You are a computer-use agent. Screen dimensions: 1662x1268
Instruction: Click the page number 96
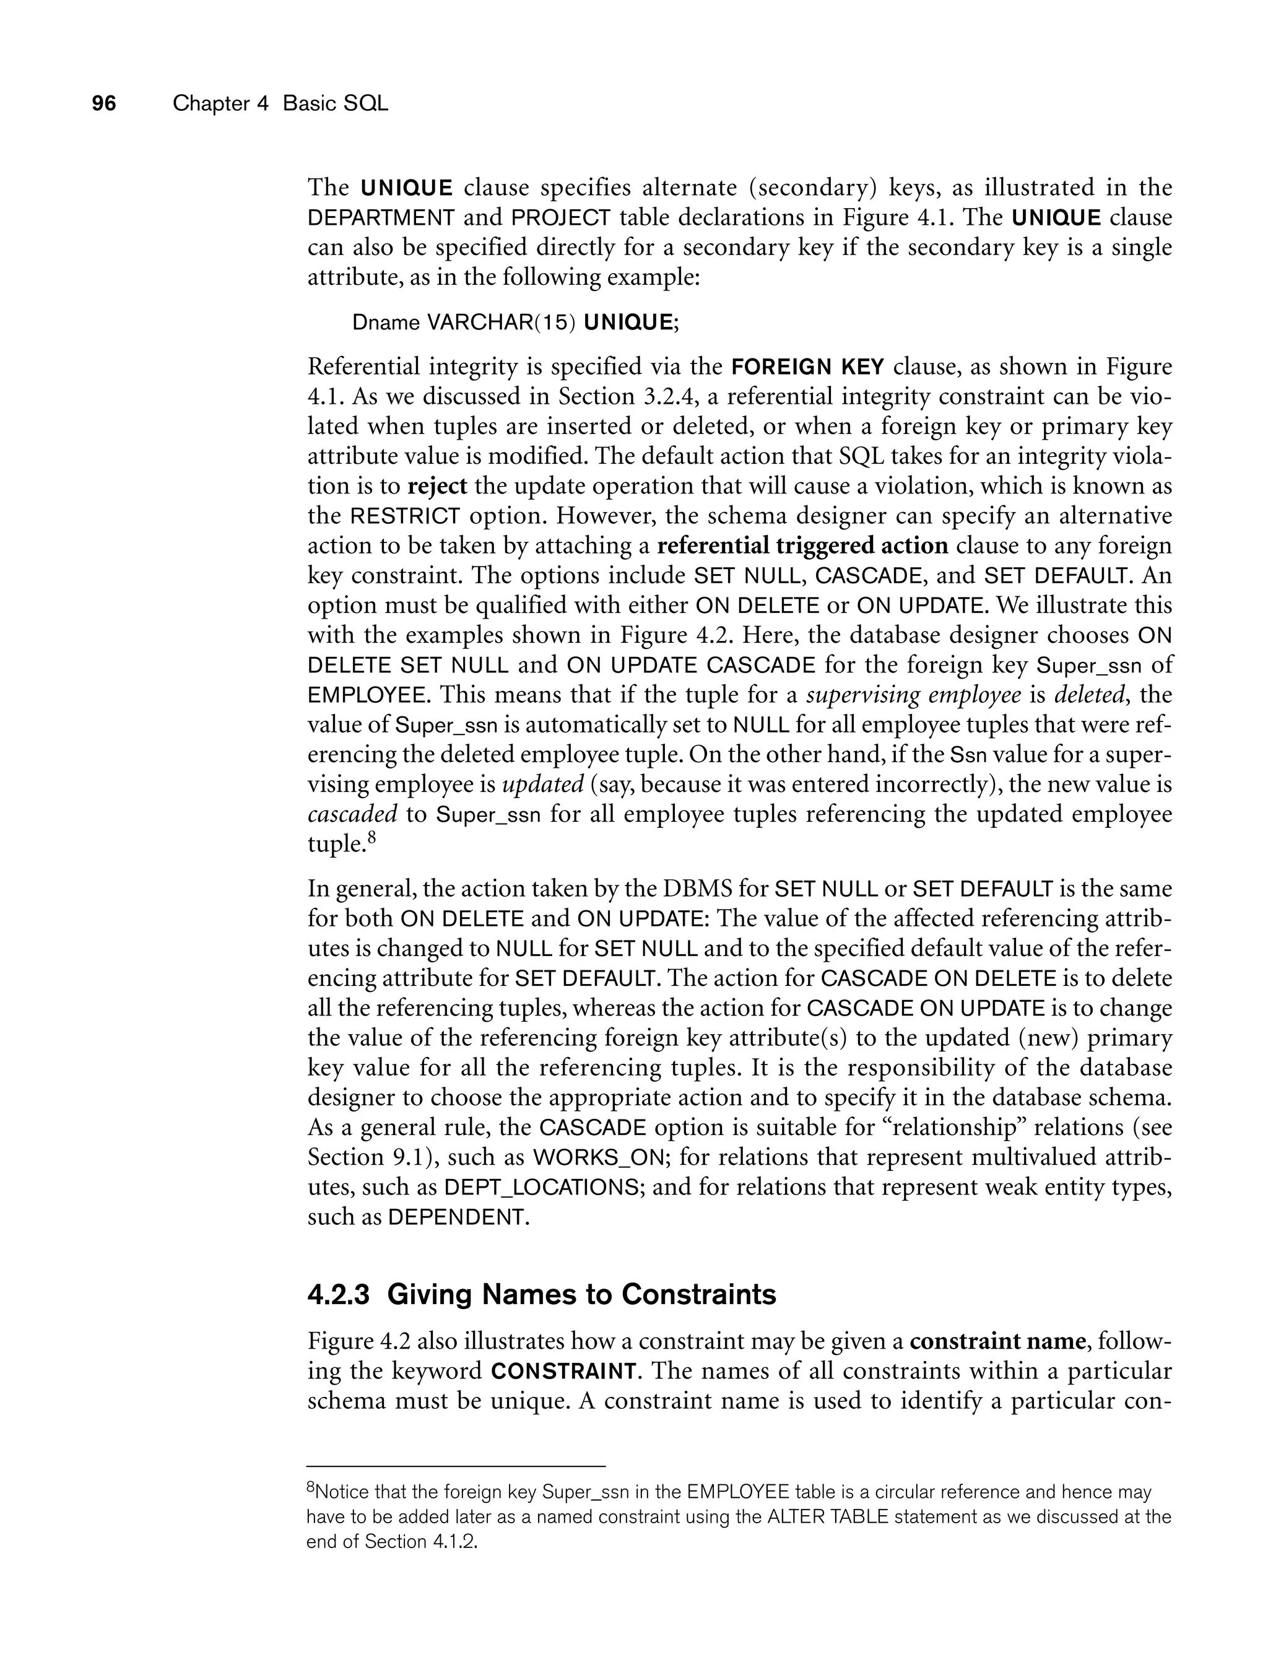tap(104, 103)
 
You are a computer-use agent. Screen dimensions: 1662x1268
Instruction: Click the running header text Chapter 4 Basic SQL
tap(280, 103)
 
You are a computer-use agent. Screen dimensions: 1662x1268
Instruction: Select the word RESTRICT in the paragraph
tap(406, 517)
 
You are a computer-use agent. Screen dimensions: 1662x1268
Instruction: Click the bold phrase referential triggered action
tap(802, 546)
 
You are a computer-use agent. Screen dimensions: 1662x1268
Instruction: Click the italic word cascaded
tap(352, 814)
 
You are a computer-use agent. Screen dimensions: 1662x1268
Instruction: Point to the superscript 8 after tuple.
tap(371, 837)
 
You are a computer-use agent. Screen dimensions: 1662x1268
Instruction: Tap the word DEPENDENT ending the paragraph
tap(455, 1217)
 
